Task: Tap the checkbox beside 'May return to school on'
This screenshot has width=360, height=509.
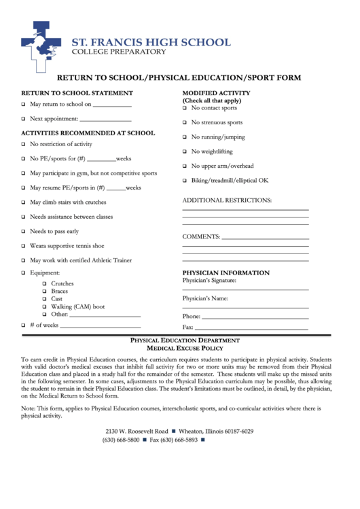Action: (23, 105)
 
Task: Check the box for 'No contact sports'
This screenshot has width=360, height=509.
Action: (184, 108)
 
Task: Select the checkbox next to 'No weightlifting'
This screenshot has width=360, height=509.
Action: (184, 152)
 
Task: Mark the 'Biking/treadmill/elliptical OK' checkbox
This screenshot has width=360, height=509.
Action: (184, 181)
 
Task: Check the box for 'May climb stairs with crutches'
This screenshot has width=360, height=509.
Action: (23, 203)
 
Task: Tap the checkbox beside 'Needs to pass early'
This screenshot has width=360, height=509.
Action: (23, 232)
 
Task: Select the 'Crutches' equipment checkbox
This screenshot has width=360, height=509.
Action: (44, 283)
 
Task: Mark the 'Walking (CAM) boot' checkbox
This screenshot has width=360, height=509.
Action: (44, 306)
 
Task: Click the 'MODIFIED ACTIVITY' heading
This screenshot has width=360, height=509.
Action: (217, 93)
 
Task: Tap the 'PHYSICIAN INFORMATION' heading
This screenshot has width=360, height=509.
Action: (226, 273)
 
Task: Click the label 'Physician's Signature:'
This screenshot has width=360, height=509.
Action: (209, 281)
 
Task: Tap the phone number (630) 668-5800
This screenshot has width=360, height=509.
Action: (121, 440)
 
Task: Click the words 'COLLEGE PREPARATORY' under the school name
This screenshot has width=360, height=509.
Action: (119, 52)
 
